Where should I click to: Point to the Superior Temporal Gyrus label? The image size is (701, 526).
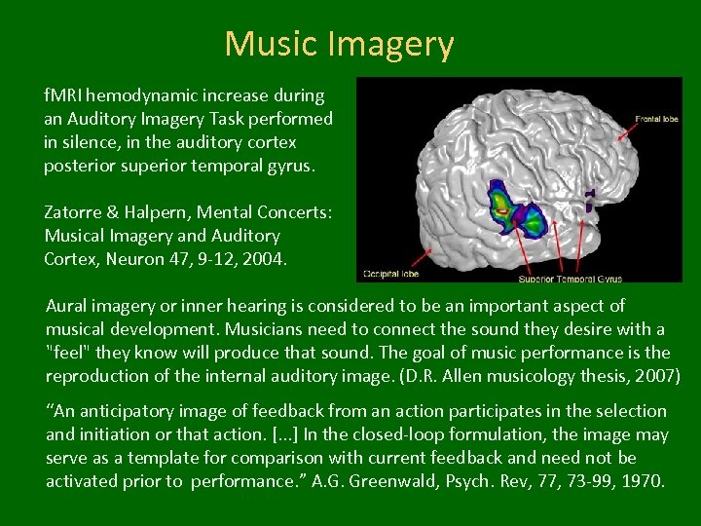click(x=576, y=279)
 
